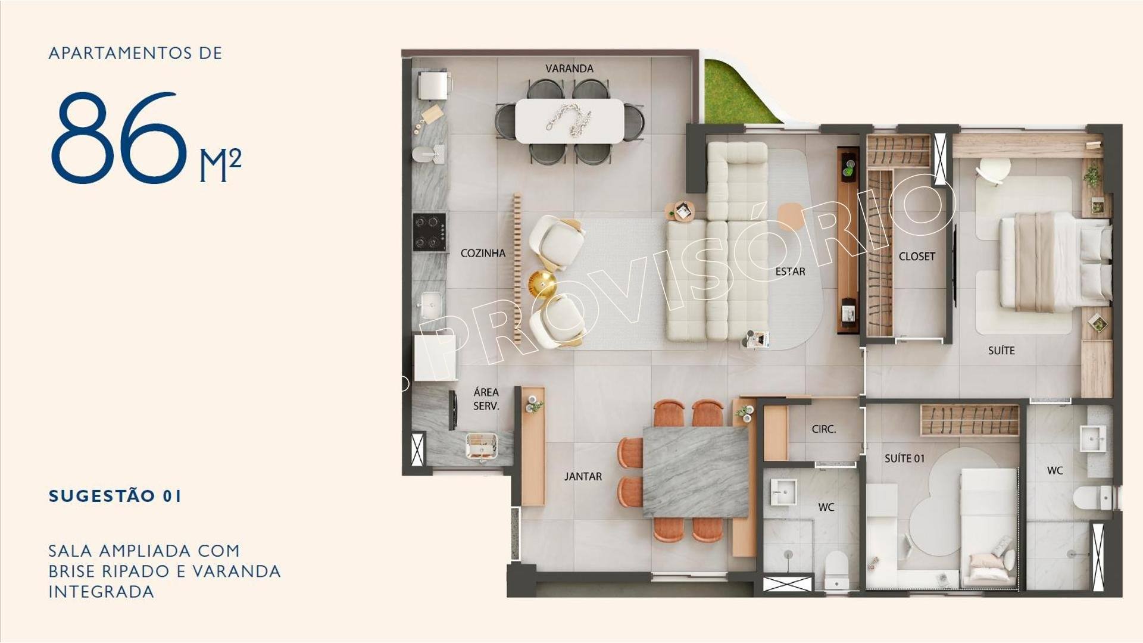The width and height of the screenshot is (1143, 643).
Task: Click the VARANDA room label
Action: tap(569, 68)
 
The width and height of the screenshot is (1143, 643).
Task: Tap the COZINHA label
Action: tap(483, 253)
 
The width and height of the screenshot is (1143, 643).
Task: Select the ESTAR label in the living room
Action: tap(790, 271)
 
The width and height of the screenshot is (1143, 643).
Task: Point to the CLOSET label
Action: tap(917, 257)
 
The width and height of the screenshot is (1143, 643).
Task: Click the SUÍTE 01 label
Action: tap(904, 458)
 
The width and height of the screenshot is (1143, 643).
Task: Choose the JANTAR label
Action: tap(583, 476)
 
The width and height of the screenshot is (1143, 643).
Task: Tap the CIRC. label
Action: tap(824, 429)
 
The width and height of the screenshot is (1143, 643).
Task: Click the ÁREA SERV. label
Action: tap(486, 399)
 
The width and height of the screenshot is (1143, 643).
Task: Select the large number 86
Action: tap(118, 138)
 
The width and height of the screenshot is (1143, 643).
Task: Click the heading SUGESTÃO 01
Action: tap(115, 496)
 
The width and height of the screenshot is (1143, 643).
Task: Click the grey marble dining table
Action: tap(695, 472)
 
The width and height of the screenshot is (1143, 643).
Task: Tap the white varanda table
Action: tap(570, 121)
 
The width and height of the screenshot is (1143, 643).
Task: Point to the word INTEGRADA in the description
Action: tap(101, 592)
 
